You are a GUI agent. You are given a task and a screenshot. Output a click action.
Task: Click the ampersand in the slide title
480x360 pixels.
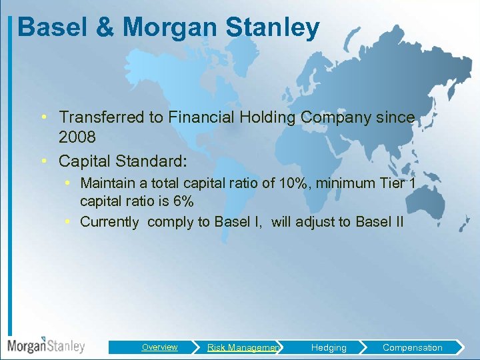108,28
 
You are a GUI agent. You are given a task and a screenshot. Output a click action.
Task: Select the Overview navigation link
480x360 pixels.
159,347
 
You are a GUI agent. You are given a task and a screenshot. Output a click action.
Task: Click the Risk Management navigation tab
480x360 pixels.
243,347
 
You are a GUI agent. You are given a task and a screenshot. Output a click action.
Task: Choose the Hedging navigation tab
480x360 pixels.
329,347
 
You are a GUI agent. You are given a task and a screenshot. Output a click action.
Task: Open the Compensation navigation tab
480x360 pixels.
412,347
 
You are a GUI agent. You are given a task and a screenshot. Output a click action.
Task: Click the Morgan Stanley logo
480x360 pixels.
46,345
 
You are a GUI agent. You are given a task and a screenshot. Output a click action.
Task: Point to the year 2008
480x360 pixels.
77,137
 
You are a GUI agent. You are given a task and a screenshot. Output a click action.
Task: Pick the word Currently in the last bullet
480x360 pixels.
109,222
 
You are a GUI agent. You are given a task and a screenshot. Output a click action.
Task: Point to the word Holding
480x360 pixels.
265,117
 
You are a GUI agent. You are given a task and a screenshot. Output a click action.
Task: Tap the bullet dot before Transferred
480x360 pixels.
43,117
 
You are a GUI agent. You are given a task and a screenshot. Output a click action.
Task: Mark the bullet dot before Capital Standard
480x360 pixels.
43,161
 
